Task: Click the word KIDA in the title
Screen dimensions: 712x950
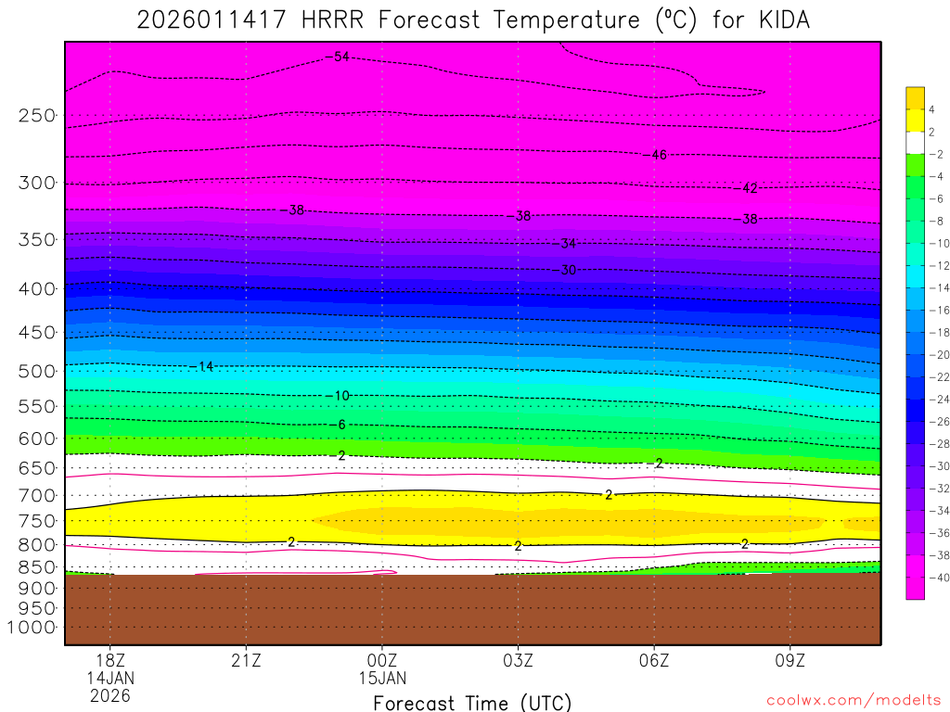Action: point(781,19)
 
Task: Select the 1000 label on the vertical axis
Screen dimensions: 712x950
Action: point(32,628)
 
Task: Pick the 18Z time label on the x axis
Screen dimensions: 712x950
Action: point(110,661)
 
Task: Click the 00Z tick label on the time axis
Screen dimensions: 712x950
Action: point(382,661)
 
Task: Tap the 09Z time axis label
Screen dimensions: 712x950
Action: point(790,661)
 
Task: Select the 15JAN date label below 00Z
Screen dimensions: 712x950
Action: point(382,678)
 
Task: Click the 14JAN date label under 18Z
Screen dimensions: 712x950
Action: point(110,678)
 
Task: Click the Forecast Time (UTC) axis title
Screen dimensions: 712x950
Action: point(472,702)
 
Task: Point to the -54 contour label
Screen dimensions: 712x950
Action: point(340,57)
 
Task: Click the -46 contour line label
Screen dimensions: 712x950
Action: point(658,155)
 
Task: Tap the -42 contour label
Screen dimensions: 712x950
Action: point(749,188)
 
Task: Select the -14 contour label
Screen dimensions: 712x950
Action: point(204,367)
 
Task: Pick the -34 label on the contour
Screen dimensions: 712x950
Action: point(567,244)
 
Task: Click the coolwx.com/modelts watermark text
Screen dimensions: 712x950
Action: point(854,701)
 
